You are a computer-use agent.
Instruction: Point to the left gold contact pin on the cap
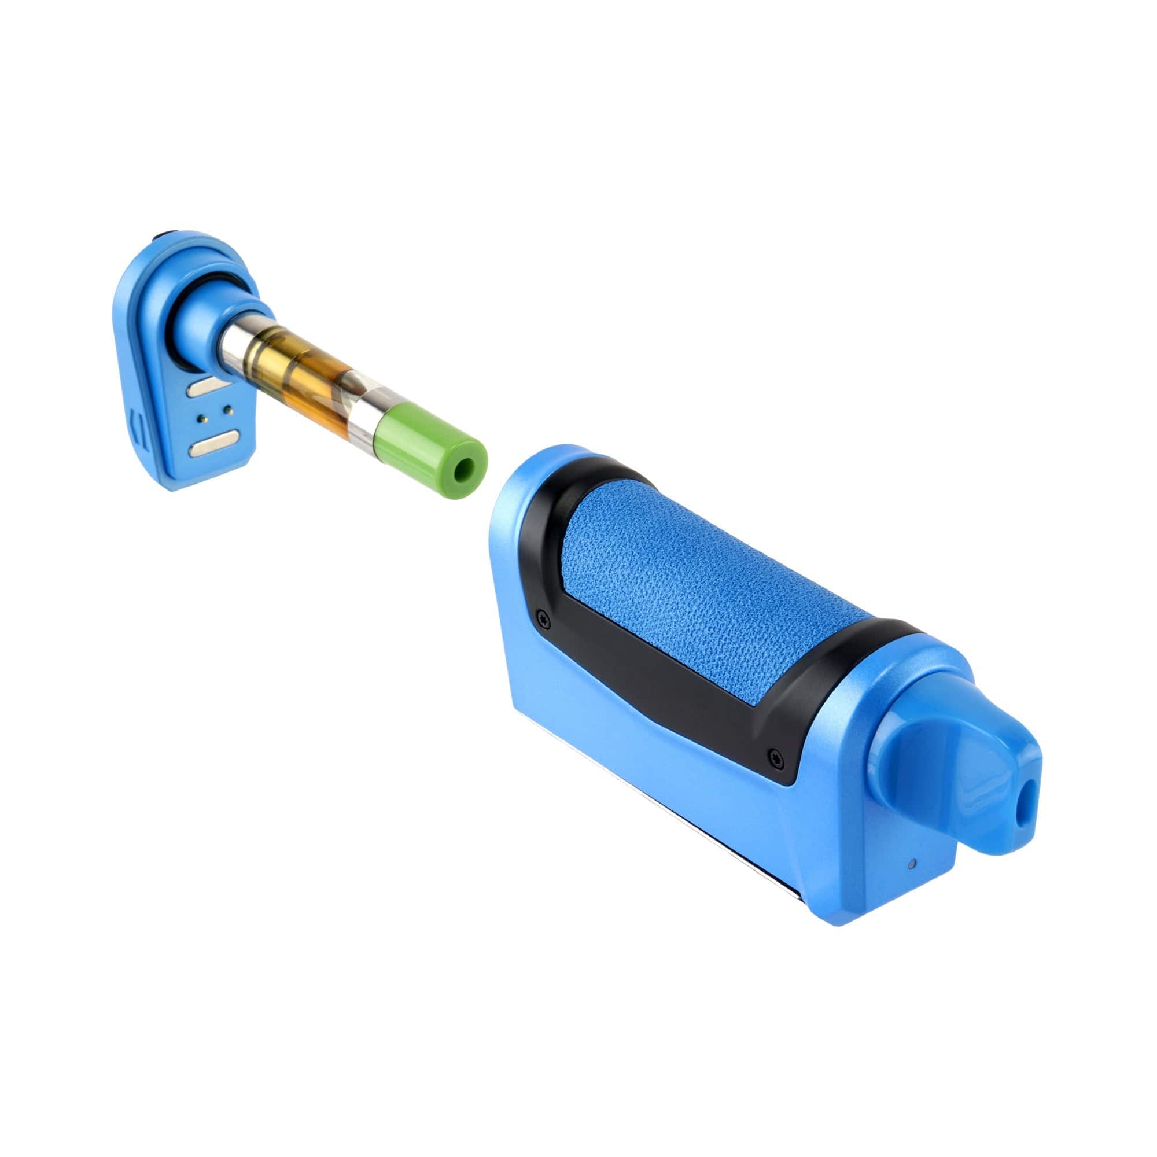click(x=202, y=416)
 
